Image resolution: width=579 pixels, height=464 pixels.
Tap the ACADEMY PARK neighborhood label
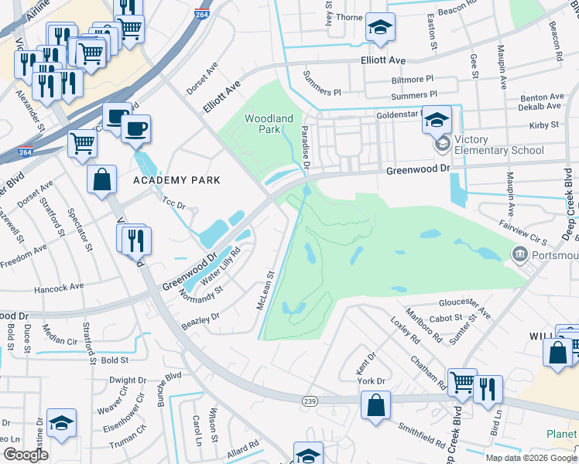[176, 180]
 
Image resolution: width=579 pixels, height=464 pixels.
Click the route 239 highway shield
[310, 400]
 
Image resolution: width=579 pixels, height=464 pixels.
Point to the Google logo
[26, 454]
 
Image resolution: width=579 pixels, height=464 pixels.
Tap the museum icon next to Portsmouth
[519, 254]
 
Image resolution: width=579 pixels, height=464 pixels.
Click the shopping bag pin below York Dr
[375, 405]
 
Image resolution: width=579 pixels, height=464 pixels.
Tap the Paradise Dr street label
[306, 148]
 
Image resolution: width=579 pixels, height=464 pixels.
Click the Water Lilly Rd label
[225, 262]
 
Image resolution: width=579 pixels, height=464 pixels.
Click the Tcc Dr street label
[174, 205]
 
